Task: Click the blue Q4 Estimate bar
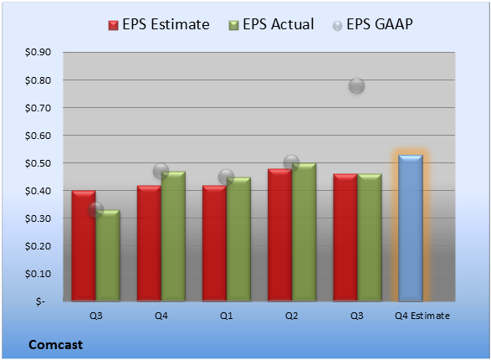click(411, 228)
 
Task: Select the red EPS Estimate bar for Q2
click(280, 235)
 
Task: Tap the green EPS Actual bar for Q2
click(304, 232)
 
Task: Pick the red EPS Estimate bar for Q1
click(214, 243)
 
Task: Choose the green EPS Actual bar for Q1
click(238, 239)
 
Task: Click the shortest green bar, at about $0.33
click(108, 255)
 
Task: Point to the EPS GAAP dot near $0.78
click(356, 85)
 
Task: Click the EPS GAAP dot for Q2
click(292, 162)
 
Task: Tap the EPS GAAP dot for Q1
click(226, 177)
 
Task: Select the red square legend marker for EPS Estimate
click(114, 25)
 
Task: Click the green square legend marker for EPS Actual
click(233, 25)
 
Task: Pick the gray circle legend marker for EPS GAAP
click(337, 26)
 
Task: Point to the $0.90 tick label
click(38, 52)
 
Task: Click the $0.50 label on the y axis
click(38, 163)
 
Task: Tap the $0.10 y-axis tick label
click(38, 274)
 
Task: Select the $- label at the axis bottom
click(40, 301)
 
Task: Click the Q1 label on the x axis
click(227, 316)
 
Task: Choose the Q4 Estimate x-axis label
click(422, 316)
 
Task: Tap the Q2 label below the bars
click(292, 316)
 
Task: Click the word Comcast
click(56, 345)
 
